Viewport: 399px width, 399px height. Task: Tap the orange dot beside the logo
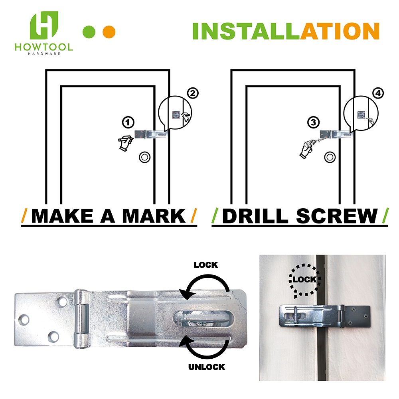109,32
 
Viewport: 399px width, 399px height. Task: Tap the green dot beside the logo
89,32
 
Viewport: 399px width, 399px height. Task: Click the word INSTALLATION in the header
286,32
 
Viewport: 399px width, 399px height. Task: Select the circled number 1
128,122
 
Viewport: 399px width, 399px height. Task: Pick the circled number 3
313,122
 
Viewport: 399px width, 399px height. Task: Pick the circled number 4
377,93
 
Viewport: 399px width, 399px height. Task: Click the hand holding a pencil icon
125,143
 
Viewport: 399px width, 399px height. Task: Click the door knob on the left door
144,157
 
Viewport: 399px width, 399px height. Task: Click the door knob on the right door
329,157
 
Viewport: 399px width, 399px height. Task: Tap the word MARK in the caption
154,216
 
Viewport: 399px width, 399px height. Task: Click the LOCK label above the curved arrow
205,265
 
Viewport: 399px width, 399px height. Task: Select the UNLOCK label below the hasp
207,367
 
